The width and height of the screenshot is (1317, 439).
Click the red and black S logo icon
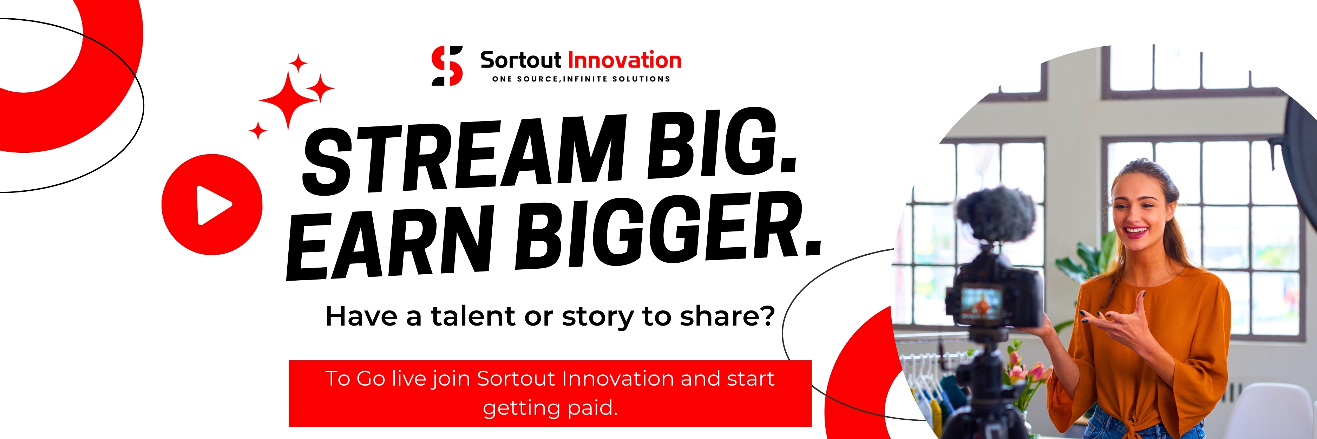tap(447, 65)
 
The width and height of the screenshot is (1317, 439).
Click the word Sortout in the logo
tap(520, 60)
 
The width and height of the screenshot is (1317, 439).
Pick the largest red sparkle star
tap(289, 100)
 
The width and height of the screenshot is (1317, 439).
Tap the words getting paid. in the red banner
tap(550, 408)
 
